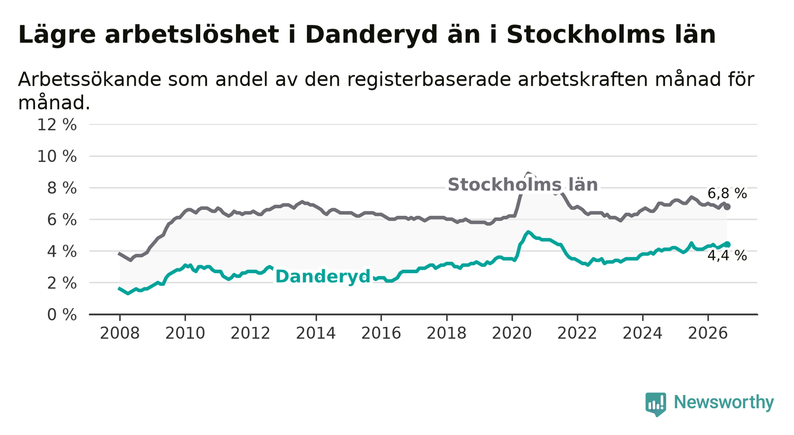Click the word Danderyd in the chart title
[371, 35]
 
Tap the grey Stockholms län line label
[523, 185]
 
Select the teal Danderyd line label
[323, 277]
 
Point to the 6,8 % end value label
[727, 194]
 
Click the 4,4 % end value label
[727, 255]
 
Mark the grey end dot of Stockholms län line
[727, 207]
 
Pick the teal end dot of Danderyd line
[727, 244]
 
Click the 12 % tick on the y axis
[57, 125]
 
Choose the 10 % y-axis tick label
[57, 156]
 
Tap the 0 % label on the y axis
[62, 315]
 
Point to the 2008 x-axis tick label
[120, 333]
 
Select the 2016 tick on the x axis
[381, 333]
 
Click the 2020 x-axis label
[512, 333]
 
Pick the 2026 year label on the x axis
[708, 333]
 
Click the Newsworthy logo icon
[656, 404]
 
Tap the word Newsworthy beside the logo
[724, 402]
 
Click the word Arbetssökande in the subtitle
[90, 79]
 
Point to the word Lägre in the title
[57, 36]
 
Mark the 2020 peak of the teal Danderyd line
[528, 232]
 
